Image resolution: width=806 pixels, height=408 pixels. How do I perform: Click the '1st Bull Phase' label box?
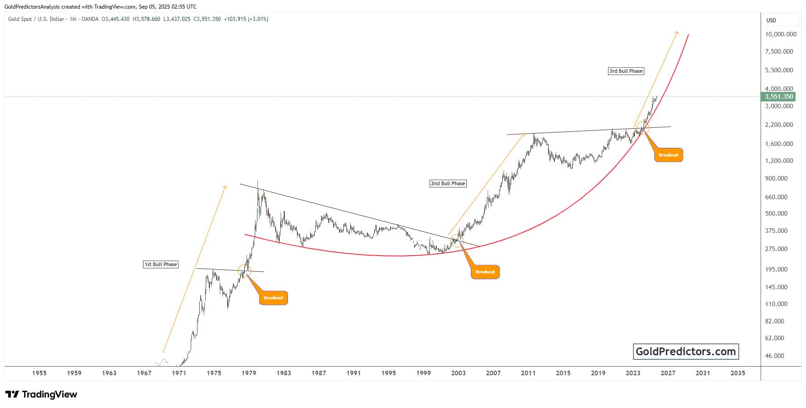161,264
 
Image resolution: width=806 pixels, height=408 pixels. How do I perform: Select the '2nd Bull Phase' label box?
448,183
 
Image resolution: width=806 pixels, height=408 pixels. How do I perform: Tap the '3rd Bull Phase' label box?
626,71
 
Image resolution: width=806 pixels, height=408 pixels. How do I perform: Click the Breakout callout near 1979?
273,298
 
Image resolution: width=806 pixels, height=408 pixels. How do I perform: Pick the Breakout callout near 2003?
485,272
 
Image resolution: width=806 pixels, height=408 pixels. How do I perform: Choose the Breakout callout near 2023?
668,155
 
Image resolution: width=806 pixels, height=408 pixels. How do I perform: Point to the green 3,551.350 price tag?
779,96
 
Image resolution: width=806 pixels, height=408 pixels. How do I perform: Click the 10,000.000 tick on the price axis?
781,34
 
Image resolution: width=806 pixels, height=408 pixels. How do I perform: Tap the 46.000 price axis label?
774,356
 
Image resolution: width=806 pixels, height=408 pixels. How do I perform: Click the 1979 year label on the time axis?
249,373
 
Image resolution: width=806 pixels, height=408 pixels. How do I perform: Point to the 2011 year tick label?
528,373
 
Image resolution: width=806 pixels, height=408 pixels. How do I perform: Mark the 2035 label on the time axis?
737,373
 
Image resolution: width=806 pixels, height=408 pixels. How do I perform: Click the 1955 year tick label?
40,373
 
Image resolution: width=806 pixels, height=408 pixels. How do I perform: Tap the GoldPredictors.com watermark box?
686,352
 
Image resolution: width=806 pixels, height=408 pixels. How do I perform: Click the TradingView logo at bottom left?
41,394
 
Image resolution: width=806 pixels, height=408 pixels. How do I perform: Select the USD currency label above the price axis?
771,20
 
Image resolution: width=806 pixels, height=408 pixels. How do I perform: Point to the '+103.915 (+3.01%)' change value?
246,19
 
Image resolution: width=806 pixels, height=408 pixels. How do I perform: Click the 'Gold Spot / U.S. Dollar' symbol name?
36,19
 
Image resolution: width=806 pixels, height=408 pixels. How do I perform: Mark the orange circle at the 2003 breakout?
457,241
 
